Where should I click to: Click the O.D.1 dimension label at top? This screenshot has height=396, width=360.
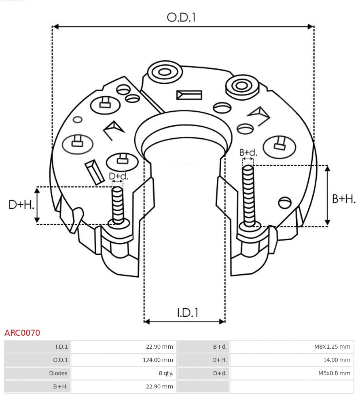181,17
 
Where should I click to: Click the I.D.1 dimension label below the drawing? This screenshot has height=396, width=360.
187,312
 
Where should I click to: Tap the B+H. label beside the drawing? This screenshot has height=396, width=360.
344,199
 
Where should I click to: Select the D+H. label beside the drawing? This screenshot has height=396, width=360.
21,205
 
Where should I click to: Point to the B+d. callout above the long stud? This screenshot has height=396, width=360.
248,152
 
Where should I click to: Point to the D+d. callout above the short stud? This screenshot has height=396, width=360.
119,176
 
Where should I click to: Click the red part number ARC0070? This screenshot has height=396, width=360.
22,333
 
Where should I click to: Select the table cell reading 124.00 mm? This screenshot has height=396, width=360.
123,360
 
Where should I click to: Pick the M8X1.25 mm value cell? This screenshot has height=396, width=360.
292,346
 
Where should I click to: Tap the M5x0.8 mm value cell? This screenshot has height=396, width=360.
292,373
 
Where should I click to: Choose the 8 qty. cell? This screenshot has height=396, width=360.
123,373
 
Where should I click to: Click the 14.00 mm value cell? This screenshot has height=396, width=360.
292,360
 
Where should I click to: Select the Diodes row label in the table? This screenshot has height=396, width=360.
38,373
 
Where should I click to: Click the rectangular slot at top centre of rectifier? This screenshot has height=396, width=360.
189,95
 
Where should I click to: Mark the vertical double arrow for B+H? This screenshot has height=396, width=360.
328,195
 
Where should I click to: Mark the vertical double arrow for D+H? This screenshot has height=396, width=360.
37,205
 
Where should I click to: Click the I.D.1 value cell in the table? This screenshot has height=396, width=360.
123,346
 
